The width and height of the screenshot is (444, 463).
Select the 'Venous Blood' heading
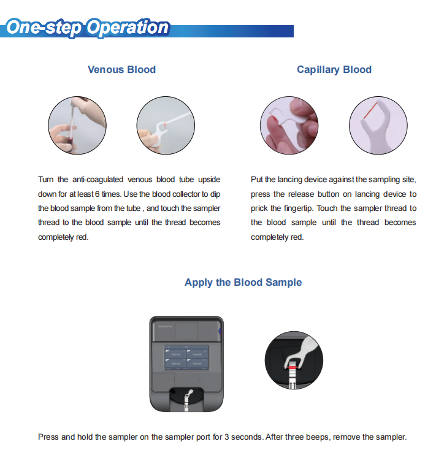[121, 69]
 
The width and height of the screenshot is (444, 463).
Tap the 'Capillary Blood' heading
[334, 69]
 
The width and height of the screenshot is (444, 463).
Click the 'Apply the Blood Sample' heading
[243, 282]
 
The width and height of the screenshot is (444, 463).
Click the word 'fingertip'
[297, 209]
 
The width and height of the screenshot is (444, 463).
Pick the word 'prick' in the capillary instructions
[261, 209]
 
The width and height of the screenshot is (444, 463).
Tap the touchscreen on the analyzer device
[186, 357]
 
